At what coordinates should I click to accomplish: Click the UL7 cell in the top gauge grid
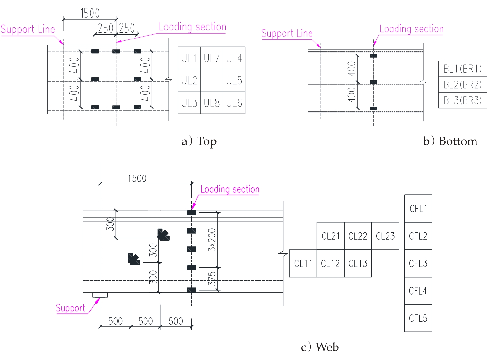pyautogui.click(x=212, y=58)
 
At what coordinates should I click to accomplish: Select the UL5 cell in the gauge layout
pyautogui.click(x=234, y=80)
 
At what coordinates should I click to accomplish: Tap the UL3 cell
pyautogui.click(x=189, y=103)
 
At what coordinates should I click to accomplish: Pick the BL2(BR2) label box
pyautogui.click(x=462, y=85)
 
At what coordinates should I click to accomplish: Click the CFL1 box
pyautogui.click(x=418, y=209)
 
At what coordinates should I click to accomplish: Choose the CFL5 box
pyautogui.click(x=418, y=318)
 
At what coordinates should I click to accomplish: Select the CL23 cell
pyautogui.click(x=385, y=236)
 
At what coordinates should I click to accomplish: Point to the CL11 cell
pyautogui.click(x=303, y=263)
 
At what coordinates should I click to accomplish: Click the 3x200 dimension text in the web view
pyautogui.click(x=212, y=240)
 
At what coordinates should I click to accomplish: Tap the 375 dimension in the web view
pyautogui.click(x=212, y=279)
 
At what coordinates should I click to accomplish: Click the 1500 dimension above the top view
pyautogui.click(x=90, y=13)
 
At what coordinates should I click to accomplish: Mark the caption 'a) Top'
pyautogui.click(x=199, y=141)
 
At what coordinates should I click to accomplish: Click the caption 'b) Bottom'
pyautogui.click(x=450, y=141)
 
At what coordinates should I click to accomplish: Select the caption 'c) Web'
pyautogui.click(x=320, y=347)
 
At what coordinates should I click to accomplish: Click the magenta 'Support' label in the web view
pyautogui.click(x=70, y=308)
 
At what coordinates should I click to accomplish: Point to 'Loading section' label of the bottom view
pyautogui.click(x=411, y=29)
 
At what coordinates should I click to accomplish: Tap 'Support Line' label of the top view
pyautogui.click(x=28, y=30)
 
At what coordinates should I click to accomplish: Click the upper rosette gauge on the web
pyautogui.click(x=163, y=235)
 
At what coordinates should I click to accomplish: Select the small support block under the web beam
pyautogui.click(x=100, y=295)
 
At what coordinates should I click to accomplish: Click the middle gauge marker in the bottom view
pyautogui.click(x=373, y=82)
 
